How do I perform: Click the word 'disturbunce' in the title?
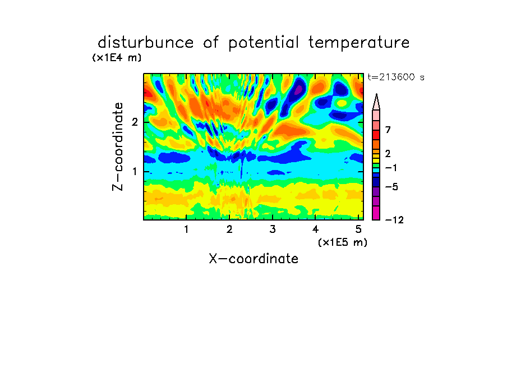pos(146,43)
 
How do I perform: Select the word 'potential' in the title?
pos(264,43)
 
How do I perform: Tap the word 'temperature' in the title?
pos(359,43)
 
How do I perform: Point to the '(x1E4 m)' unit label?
pos(117,58)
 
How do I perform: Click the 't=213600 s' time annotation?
pos(396,77)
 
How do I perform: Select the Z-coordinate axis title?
pos(118,146)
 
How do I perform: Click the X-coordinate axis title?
pos(253,259)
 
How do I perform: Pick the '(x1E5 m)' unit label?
pos(343,242)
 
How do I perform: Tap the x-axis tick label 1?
pos(187,230)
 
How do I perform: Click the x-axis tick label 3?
pos(273,230)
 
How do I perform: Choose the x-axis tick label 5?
pos(358,230)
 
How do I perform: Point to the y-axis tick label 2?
pos(135,122)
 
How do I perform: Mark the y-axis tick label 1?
pos(135,172)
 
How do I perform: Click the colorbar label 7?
pos(388,130)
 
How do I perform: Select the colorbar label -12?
pos(394,220)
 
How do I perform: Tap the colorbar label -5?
pos(391,187)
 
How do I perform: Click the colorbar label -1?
pos(391,168)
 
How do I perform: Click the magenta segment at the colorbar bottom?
pos(376,213)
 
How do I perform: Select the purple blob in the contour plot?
pos(298,89)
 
